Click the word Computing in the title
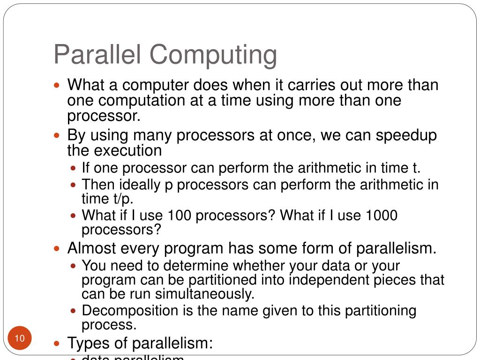[213, 55]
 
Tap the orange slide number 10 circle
[20, 339]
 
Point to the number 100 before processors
[180, 216]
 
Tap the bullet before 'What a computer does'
[57, 86]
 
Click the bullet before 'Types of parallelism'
[57, 343]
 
